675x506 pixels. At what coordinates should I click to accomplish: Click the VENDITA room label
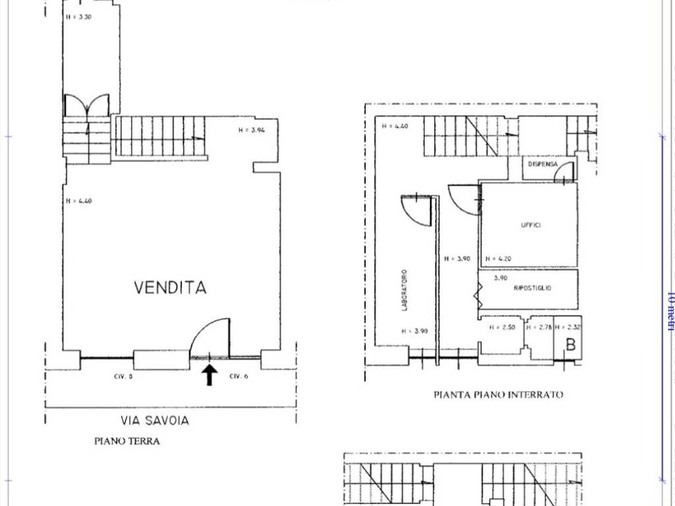point(170,288)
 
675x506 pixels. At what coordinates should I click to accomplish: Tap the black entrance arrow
point(209,375)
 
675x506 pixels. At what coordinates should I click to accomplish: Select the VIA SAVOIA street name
point(154,420)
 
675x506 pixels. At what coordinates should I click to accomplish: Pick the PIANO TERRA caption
point(127,441)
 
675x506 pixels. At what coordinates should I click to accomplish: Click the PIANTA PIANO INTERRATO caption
point(498,395)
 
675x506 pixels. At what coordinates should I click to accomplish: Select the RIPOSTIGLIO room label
point(533,289)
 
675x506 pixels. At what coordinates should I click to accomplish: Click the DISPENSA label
point(543,164)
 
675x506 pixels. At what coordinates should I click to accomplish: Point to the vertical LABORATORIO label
point(405,290)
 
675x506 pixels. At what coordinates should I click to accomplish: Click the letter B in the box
point(571,344)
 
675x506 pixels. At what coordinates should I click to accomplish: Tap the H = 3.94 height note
point(251,130)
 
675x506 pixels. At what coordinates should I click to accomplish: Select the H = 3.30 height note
point(78,17)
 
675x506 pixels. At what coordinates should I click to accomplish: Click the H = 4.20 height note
point(498,259)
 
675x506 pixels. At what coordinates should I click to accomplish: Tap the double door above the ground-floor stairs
point(86,105)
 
